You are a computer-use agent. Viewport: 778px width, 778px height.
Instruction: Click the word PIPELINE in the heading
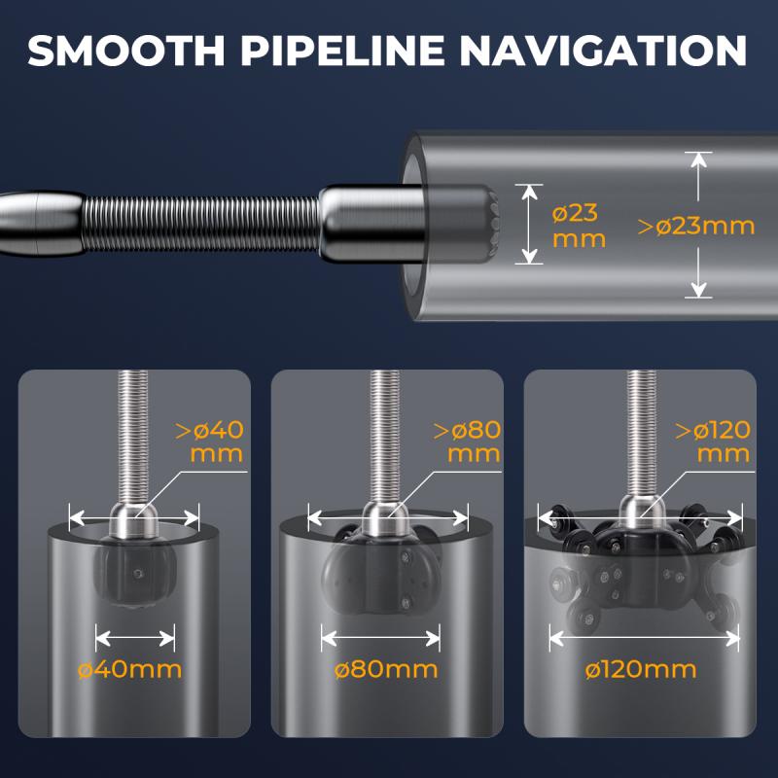(x=342, y=51)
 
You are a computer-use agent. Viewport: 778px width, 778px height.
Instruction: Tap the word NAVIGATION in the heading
(x=603, y=51)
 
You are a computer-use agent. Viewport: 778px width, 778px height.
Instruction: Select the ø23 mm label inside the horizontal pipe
(x=579, y=227)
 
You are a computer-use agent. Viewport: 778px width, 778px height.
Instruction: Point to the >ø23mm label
(x=696, y=227)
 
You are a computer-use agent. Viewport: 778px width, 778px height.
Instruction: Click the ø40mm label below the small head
(x=130, y=670)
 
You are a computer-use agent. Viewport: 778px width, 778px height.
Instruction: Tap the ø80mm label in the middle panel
(x=386, y=670)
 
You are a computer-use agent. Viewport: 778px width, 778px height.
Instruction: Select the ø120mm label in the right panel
(x=641, y=670)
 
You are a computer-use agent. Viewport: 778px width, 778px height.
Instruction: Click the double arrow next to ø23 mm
(x=529, y=224)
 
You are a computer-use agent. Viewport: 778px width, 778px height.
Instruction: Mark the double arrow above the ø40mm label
(x=135, y=638)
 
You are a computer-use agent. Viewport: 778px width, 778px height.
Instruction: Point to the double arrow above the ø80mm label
(x=380, y=638)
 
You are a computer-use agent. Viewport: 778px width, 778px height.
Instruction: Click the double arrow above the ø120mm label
(x=645, y=638)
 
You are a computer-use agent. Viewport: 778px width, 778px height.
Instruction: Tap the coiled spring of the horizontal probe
(x=201, y=224)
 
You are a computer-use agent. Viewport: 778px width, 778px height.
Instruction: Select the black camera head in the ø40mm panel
(x=134, y=572)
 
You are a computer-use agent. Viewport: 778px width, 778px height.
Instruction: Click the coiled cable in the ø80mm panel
(x=385, y=437)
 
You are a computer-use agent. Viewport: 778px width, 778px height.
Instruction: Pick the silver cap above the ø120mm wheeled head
(x=642, y=512)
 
